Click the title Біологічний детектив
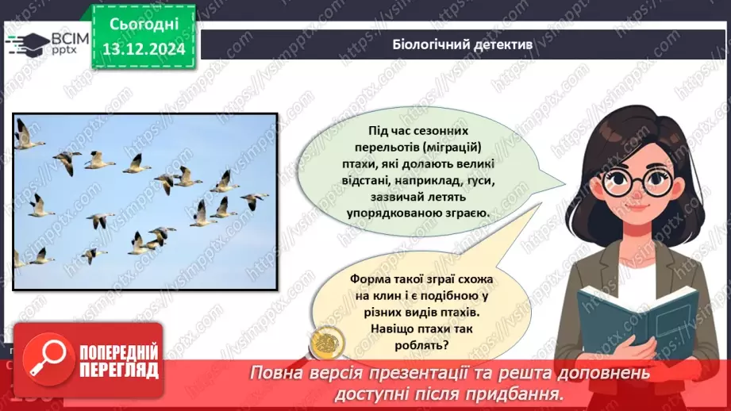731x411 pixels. tap(463, 44)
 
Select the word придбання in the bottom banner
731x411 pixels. tap(525, 393)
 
